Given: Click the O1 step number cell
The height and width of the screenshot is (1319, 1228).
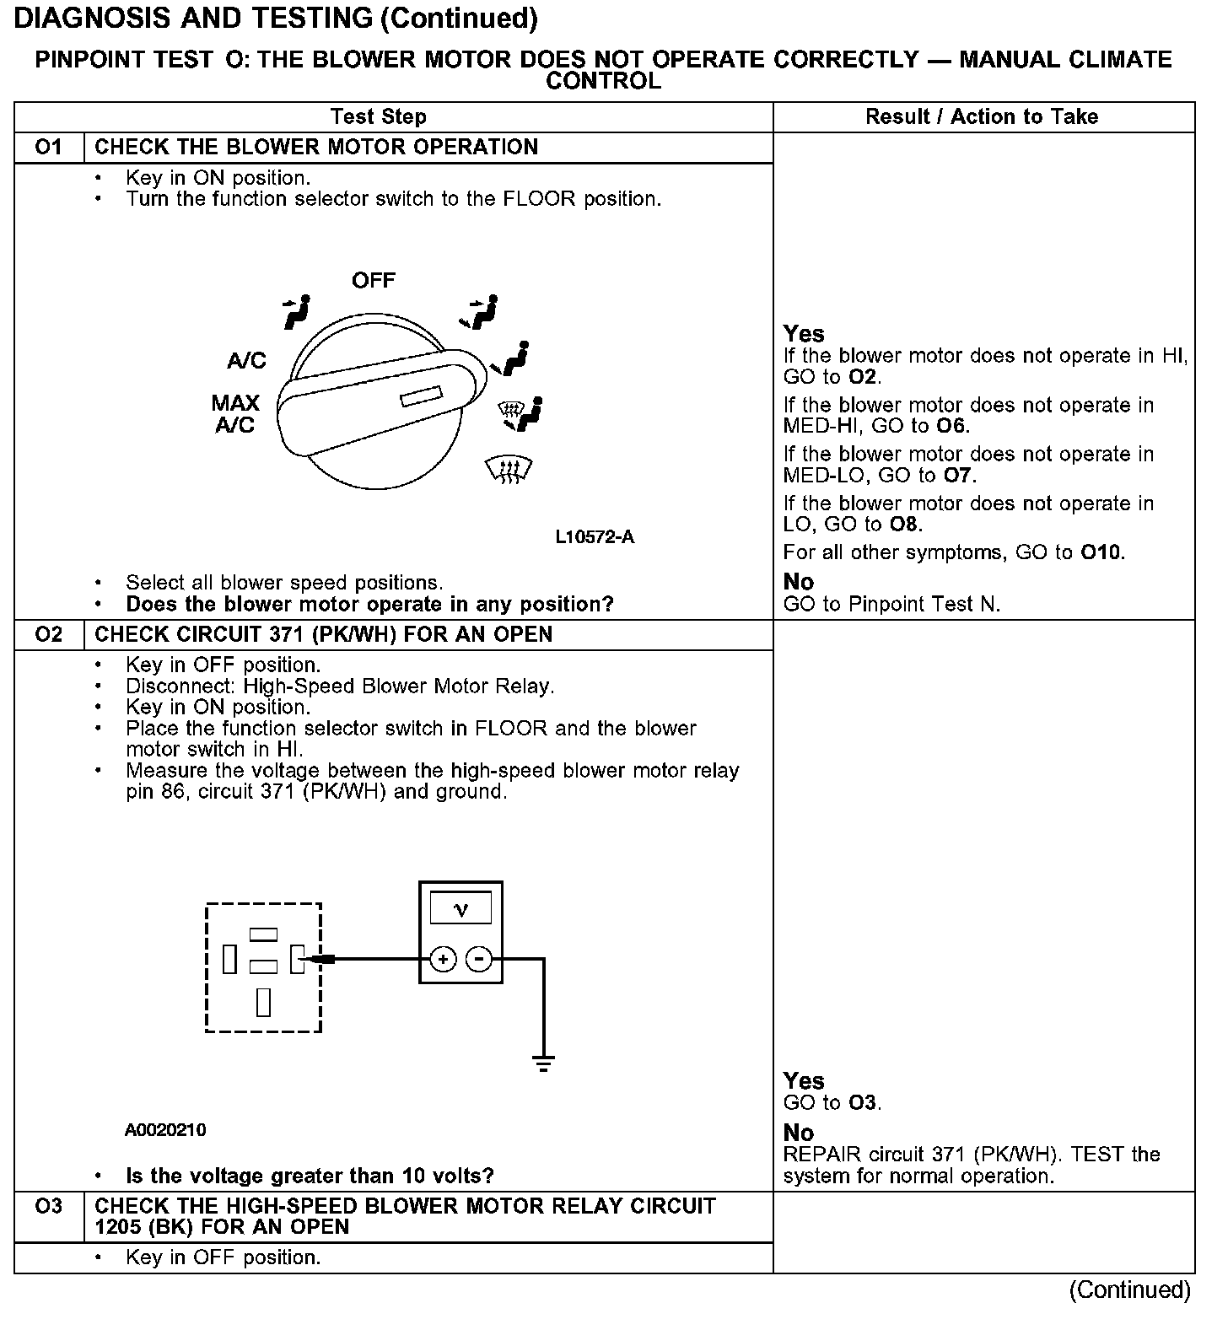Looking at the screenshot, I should click(x=49, y=148).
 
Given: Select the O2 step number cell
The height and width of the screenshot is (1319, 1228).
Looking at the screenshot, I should click(x=49, y=634).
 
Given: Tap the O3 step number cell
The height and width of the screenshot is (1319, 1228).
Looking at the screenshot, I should click(x=49, y=1207).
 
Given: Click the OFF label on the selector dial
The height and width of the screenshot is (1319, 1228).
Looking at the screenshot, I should click(x=373, y=281).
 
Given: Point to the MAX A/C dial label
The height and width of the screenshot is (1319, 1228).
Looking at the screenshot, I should click(x=235, y=414).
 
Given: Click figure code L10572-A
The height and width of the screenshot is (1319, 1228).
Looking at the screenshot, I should click(x=595, y=537).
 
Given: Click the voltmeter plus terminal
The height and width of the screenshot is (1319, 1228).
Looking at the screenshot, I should click(x=443, y=959).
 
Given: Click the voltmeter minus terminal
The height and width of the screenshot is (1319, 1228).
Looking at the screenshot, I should click(x=479, y=959).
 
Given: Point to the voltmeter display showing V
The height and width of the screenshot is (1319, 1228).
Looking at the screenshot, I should click(x=460, y=908).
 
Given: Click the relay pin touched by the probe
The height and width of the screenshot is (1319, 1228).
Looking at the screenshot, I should click(x=297, y=959).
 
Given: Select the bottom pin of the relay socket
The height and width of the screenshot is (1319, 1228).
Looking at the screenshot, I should click(x=264, y=1001).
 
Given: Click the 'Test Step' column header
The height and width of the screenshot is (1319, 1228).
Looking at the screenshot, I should click(x=378, y=117).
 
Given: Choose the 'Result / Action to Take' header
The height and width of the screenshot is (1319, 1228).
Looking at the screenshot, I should click(x=982, y=117).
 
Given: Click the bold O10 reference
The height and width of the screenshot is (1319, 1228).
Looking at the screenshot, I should click(x=1101, y=553).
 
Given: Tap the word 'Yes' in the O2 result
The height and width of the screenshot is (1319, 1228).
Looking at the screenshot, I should click(x=804, y=1081).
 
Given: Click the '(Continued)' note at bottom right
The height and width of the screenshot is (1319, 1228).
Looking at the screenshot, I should click(x=1129, y=1289).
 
